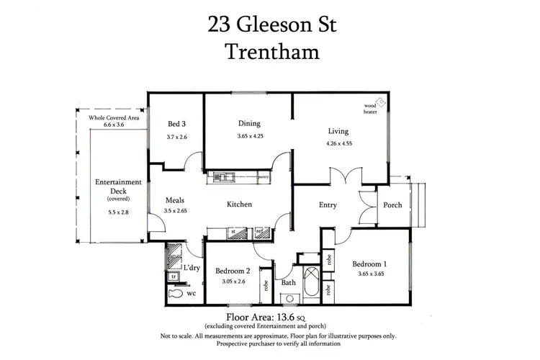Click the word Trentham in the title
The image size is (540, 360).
coord(270,52)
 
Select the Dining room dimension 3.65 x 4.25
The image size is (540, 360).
coord(250,136)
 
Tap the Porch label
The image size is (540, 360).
coord(392,204)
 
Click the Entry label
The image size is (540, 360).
coord(328,205)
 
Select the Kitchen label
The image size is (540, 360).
coord(239,204)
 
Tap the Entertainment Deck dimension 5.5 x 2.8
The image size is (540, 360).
coord(107,212)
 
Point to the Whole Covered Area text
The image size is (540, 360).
coord(114,117)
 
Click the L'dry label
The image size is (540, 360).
coord(191,268)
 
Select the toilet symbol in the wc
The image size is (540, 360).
coord(174,294)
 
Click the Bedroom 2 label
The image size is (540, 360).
coord(233,271)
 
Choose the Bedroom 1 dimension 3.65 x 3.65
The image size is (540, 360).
coord(372,273)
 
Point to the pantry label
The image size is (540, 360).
coord(264,174)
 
